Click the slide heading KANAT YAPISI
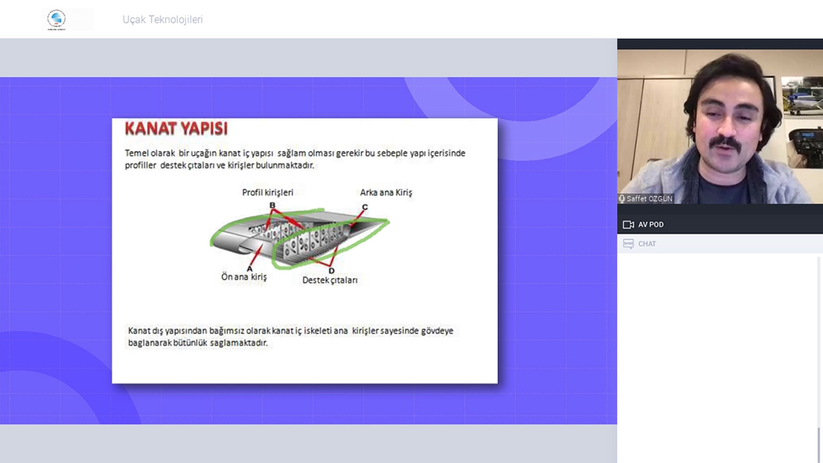point(176,128)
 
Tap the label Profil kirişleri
point(267,192)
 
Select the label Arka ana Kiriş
point(386,192)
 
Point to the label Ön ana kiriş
point(244,277)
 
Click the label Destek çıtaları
point(330,280)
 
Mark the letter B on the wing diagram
point(272,206)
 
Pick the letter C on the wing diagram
point(365,207)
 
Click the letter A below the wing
point(249,268)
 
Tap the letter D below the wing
point(331,271)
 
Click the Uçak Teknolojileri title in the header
point(163,20)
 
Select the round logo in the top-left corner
point(56,20)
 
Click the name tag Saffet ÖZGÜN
point(649,199)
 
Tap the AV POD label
point(651,225)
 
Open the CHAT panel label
point(647,243)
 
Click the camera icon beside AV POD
point(628,225)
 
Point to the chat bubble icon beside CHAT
point(628,243)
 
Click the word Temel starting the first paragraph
point(137,153)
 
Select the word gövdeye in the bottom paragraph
point(438,331)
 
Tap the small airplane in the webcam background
point(802,99)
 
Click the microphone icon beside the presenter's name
point(622,199)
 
